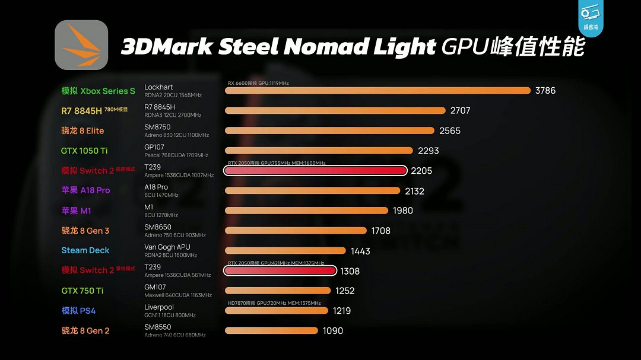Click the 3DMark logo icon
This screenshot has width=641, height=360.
pyautogui.click(x=81, y=45)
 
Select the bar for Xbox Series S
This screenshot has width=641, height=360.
pyautogui.click(x=377, y=91)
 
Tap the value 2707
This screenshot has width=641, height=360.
pyautogui.click(x=461, y=110)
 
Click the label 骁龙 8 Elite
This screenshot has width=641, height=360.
pyautogui.click(x=82, y=130)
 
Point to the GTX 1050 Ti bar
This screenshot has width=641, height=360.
pyautogui.click(x=319, y=151)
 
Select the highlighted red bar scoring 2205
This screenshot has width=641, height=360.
pyautogui.click(x=315, y=171)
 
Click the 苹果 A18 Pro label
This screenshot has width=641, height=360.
pyautogui.click(x=85, y=190)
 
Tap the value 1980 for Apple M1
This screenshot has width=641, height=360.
pyautogui.click(x=402, y=211)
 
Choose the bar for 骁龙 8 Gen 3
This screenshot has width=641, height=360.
pyautogui.click(x=296, y=231)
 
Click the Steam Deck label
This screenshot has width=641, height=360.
pyautogui.click(x=85, y=250)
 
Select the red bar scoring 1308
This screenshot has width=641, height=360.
pyautogui.click(x=280, y=270)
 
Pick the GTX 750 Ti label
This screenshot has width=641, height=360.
pyautogui.click(x=82, y=291)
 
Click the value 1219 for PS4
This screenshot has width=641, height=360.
pyautogui.click(x=341, y=310)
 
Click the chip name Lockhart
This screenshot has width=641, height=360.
pyautogui.click(x=158, y=87)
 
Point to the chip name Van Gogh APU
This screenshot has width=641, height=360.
pyautogui.click(x=167, y=247)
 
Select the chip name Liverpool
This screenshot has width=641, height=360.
pyautogui.click(x=159, y=307)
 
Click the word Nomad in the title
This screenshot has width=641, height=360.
pyautogui.click(x=329, y=47)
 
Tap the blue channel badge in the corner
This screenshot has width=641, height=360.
pyautogui.click(x=591, y=18)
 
